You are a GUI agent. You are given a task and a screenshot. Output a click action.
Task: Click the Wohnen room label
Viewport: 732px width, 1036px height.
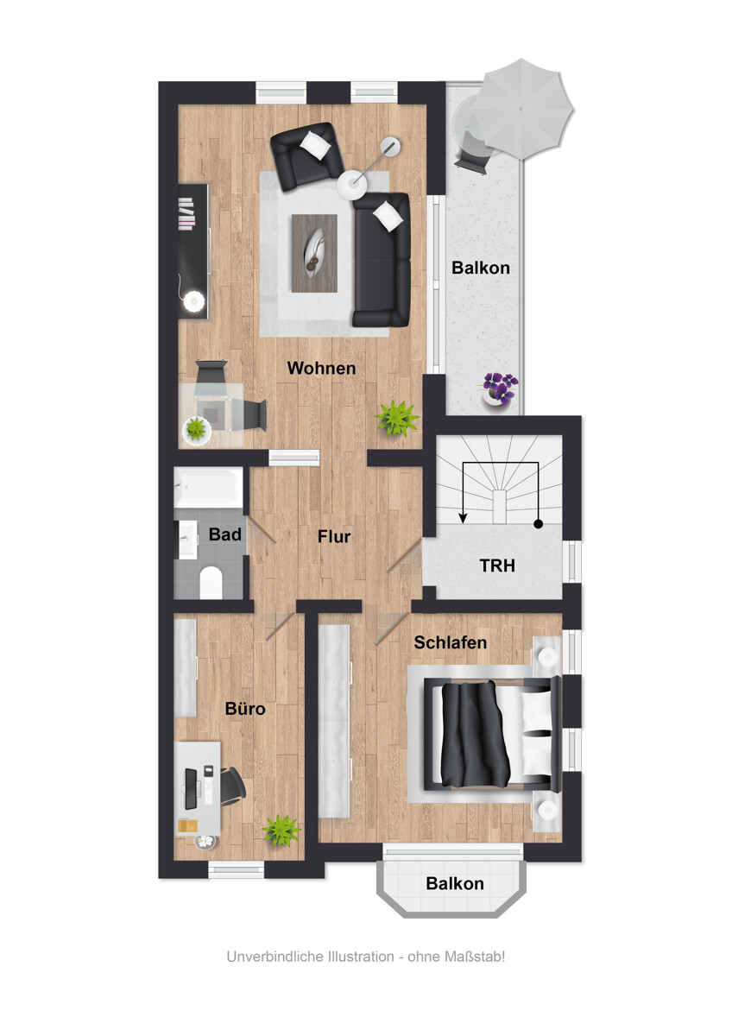coord(321,368)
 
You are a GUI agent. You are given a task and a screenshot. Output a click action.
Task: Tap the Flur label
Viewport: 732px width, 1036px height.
coord(334,536)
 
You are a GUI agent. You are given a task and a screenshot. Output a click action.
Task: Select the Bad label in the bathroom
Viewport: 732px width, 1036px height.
coord(225,534)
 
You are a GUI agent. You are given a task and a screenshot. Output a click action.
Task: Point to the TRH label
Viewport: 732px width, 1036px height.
coord(497,565)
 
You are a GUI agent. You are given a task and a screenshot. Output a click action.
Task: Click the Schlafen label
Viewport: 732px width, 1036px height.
coord(450,642)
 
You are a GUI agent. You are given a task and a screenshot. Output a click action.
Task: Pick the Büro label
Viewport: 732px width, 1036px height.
coord(245,709)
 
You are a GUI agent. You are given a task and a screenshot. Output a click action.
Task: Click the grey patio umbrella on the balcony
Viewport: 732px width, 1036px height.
coord(521,109)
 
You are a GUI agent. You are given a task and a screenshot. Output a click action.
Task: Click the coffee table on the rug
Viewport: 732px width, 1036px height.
coord(314,254)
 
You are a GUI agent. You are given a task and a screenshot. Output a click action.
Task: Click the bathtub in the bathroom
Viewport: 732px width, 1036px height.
coord(208,487)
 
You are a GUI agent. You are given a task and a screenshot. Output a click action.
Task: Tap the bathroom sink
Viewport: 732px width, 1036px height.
coord(188,540)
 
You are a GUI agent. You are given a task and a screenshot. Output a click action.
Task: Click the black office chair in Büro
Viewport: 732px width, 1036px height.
coord(232,786)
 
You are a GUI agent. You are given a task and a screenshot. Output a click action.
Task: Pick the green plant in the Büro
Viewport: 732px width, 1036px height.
coord(281,831)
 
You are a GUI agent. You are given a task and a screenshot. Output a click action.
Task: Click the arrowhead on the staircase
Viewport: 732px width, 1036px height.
coord(463,517)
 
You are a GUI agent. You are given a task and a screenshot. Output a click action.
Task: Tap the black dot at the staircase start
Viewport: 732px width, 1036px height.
coord(539,524)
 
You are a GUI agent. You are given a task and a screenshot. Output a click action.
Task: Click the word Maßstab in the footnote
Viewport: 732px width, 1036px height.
coord(475,957)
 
